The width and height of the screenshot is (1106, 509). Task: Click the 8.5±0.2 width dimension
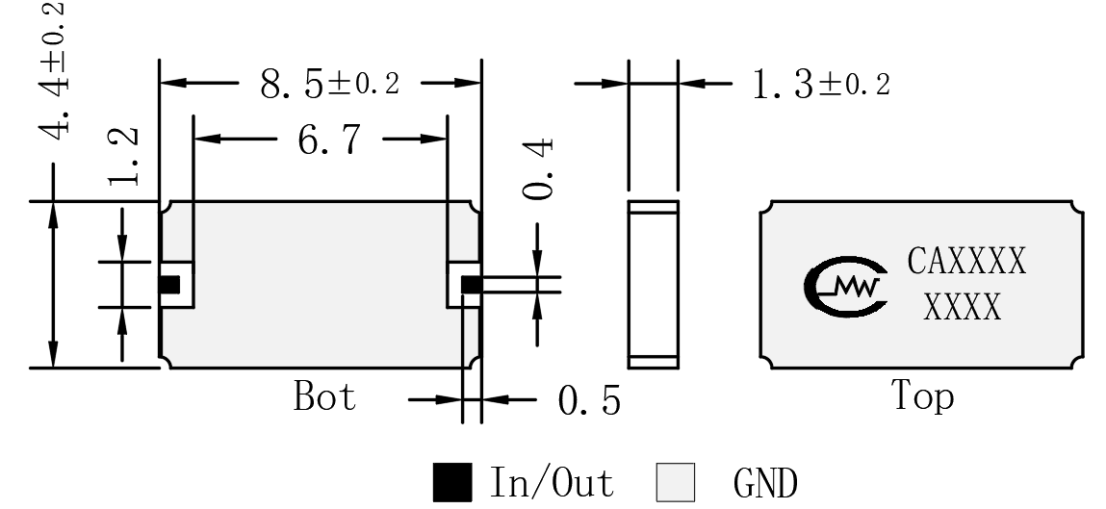tap(329, 84)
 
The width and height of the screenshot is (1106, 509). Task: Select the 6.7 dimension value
tap(328, 140)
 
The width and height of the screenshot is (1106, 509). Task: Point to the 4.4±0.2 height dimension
tap(54, 70)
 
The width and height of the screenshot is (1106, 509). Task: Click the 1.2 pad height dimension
tap(123, 157)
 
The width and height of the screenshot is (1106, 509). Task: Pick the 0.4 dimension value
tap(539, 169)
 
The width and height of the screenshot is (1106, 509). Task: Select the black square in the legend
tap(452, 482)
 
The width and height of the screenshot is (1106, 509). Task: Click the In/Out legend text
tap(552, 482)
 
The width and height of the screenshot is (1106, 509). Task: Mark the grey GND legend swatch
tap(675, 482)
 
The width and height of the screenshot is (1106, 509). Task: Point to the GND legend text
tap(765, 484)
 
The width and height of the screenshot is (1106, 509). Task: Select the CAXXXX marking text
tap(966, 261)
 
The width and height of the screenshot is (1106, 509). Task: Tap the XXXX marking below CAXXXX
tap(963, 307)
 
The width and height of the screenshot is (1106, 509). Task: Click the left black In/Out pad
tap(169, 285)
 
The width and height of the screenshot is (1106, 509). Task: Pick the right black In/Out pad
tap(471, 285)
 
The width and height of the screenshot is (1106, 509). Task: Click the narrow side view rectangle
tap(654, 284)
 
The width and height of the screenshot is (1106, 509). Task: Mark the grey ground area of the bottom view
tap(321, 285)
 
